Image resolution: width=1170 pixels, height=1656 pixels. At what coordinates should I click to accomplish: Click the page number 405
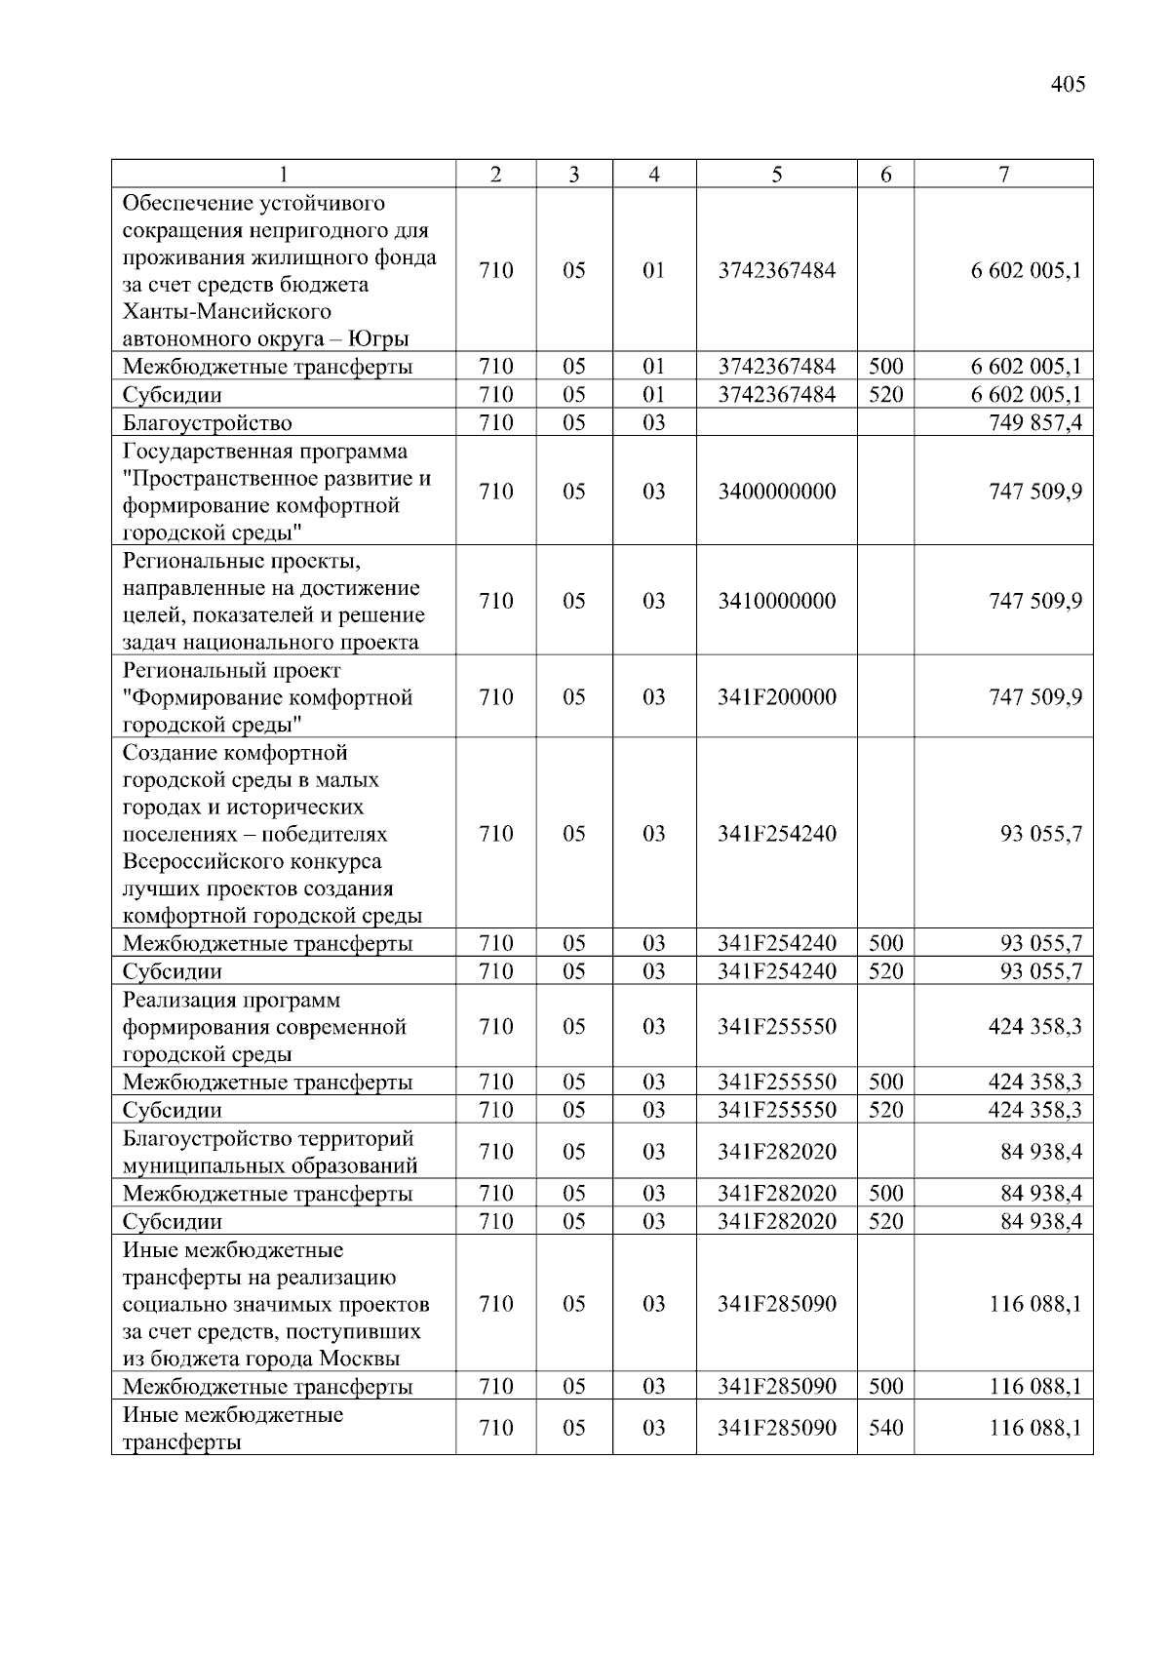(x=1068, y=85)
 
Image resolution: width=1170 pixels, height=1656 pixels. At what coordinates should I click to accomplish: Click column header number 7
(x=1003, y=175)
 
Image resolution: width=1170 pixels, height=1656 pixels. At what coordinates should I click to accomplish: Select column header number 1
(x=284, y=175)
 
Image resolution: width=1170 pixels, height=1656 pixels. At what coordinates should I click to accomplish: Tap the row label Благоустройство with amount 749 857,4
(x=207, y=423)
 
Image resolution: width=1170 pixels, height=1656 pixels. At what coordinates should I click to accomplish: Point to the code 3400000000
(x=776, y=492)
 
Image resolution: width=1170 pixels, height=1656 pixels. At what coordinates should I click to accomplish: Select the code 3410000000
(x=776, y=601)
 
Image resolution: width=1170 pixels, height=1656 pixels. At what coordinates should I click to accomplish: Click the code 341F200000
(x=776, y=697)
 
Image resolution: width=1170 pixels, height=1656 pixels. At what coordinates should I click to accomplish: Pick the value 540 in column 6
(x=885, y=1428)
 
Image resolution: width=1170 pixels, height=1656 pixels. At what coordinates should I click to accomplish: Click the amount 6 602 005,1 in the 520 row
(x=1026, y=395)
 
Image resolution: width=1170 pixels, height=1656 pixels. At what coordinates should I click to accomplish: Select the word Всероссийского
(x=252, y=862)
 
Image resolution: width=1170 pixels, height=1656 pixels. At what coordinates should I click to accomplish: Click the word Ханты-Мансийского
(x=226, y=312)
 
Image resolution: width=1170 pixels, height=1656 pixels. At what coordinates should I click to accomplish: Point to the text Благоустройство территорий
(x=268, y=1139)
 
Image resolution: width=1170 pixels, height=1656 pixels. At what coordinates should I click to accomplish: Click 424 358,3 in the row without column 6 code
(x=1034, y=1027)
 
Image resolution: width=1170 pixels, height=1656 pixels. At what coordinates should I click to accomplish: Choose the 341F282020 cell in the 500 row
(x=776, y=1194)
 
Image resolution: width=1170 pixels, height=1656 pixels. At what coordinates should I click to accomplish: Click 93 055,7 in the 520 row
(x=1041, y=971)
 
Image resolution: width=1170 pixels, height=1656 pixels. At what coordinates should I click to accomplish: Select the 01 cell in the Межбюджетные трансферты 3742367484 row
(x=653, y=367)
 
